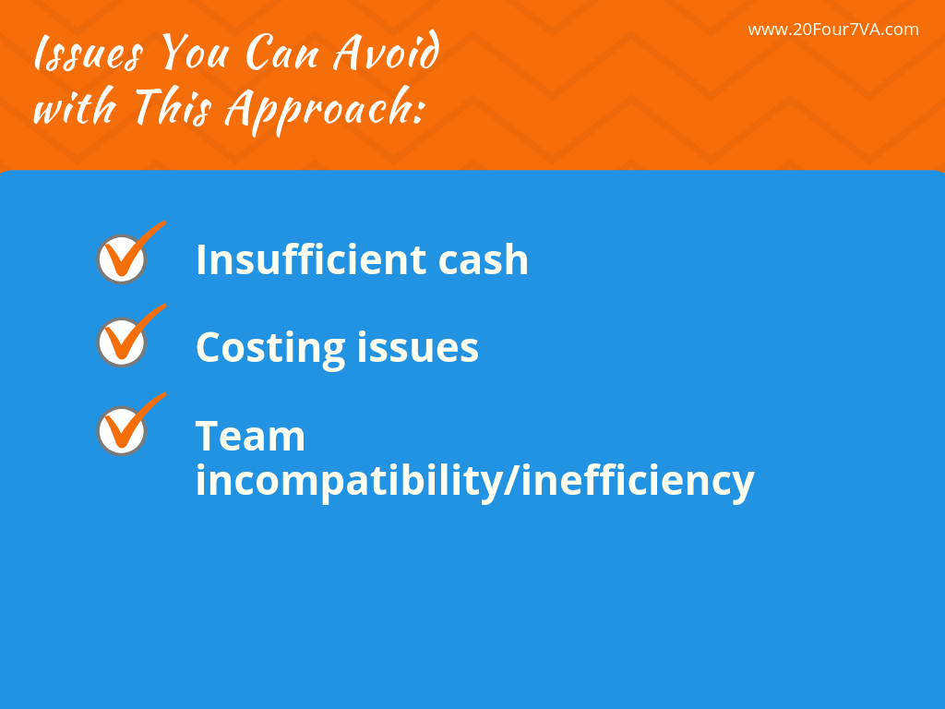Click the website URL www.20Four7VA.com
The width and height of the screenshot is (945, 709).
[832, 30]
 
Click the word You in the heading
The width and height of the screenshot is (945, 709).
[193, 54]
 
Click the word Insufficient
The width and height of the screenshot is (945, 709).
[310, 259]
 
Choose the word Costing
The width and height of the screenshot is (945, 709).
[269, 348]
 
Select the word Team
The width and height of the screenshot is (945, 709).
[250, 436]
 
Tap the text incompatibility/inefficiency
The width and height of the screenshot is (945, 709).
[474, 481]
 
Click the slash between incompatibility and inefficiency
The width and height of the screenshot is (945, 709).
[512, 481]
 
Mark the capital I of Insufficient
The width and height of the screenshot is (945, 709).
[202, 259]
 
